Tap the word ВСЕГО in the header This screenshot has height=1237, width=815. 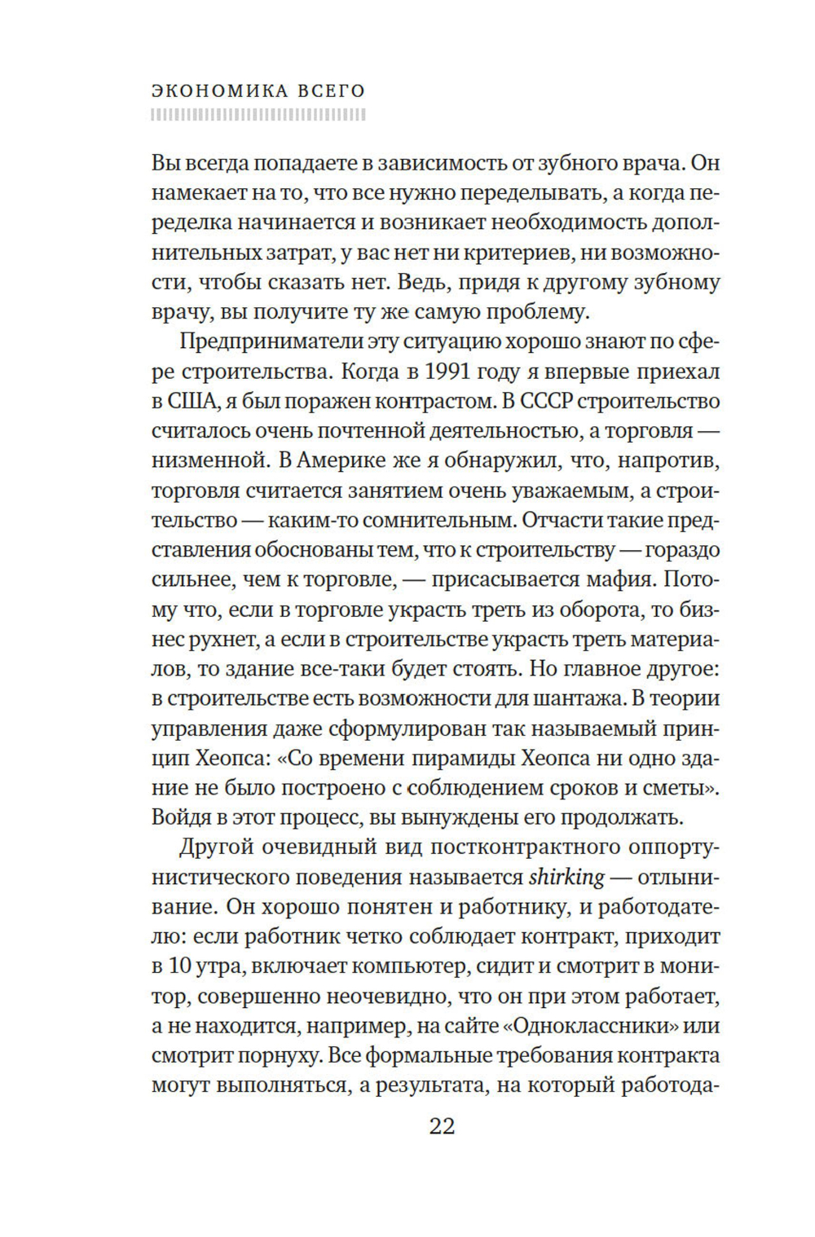[332, 90]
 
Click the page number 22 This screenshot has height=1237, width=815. [441, 1126]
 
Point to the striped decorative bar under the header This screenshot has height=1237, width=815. [258, 116]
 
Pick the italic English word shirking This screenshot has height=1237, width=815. [567, 878]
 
